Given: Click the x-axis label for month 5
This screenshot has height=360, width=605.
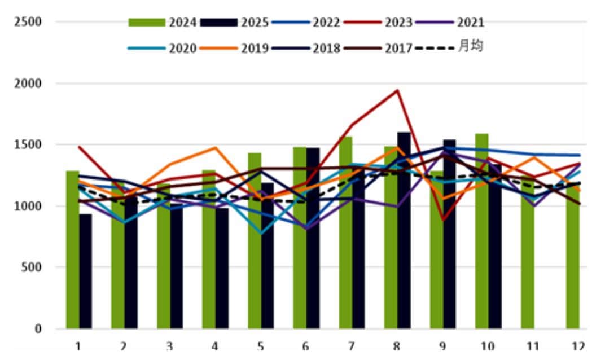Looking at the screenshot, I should click(260, 345).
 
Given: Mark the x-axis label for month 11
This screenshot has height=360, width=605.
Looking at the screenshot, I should click(532, 345).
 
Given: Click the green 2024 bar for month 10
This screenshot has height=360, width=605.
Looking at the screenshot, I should click(481, 231).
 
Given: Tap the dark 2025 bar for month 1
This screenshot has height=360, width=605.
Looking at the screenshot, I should click(85, 271).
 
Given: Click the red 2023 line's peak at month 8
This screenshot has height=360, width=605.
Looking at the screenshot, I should click(397, 90).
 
